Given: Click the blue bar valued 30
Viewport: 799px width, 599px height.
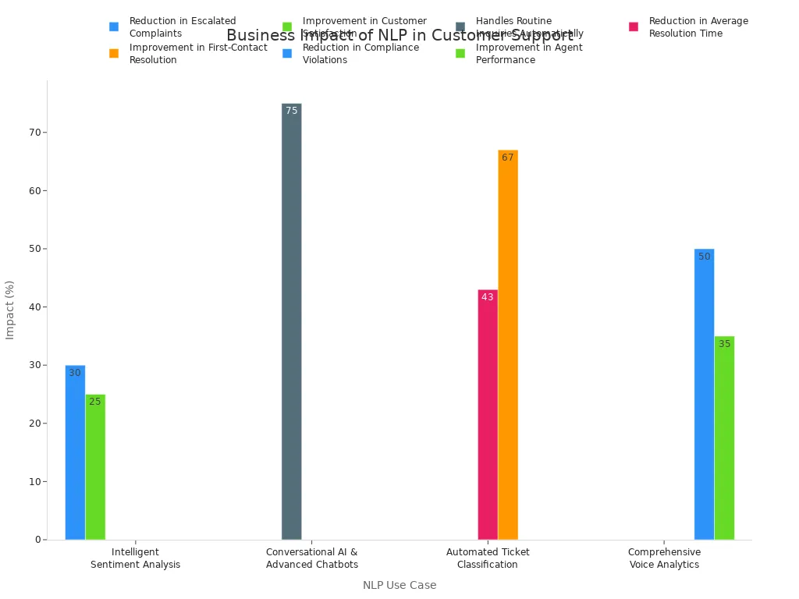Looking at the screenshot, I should (x=75, y=452).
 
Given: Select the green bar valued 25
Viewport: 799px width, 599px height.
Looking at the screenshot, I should (x=95, y=466).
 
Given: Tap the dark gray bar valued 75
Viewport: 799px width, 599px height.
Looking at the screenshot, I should (x=291, y=321).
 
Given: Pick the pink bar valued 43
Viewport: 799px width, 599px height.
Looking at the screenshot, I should (x=488, y=414).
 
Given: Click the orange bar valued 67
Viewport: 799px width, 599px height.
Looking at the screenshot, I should (x=508, y=345).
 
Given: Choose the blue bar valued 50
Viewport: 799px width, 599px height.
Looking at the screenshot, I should (x=704, y=394).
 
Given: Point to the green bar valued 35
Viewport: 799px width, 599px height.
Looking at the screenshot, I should (x=724, y=438).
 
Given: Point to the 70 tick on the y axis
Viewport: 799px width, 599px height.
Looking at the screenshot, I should (x=35, y=133).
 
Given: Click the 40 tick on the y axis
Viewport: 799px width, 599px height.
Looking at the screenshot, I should (x=35, y=307).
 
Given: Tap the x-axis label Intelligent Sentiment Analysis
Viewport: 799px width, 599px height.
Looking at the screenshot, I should (x=135, y=558).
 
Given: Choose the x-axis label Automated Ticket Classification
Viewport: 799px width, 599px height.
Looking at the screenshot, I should (x=488, y=558).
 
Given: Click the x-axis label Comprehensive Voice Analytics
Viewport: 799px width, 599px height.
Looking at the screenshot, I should (x=664, y=558).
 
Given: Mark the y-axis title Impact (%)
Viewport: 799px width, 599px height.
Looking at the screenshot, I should (x=10, y=310).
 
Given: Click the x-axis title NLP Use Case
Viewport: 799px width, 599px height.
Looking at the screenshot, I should (x=399, y=585).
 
